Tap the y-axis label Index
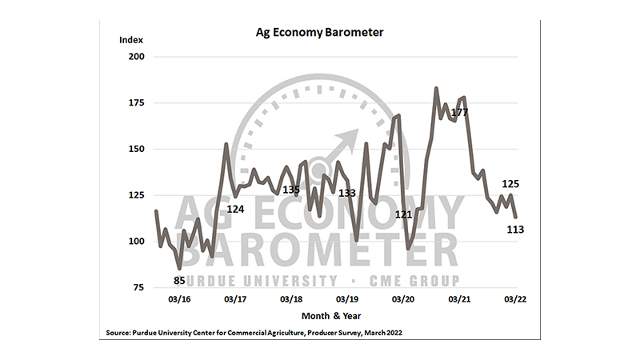tap(130, 39)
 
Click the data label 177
tap(459, 113)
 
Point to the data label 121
tap(403, 215)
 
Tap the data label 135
tap(291, 190)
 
